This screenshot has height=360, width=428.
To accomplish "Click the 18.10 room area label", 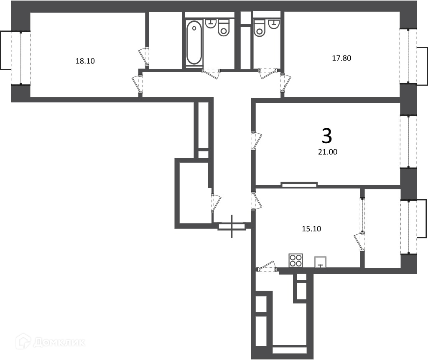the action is (85, 61).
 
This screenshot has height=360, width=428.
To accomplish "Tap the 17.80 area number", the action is (341, 58).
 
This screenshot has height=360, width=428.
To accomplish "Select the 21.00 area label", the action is (328, 152).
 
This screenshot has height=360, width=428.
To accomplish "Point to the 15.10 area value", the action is (311, 228).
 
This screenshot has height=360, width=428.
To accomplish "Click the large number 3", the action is (327, 136).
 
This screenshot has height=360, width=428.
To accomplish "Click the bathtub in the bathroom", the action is (194, 43).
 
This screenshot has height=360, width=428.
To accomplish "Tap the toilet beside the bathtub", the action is (224, 28).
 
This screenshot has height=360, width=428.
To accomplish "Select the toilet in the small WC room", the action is (260, 28).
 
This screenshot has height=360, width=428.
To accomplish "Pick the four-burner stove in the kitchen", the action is (296, 260).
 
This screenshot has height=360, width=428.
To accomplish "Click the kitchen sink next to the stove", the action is (321, 262).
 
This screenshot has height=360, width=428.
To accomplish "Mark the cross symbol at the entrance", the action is (232, 226).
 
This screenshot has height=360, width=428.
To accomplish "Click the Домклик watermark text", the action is (59, 342).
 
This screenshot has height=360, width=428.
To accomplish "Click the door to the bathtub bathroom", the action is (211, 74).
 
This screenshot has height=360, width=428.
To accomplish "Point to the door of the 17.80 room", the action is (285, 83).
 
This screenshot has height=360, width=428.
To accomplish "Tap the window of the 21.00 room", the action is (408, 142).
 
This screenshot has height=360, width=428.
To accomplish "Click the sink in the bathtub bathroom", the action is (210, 23).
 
